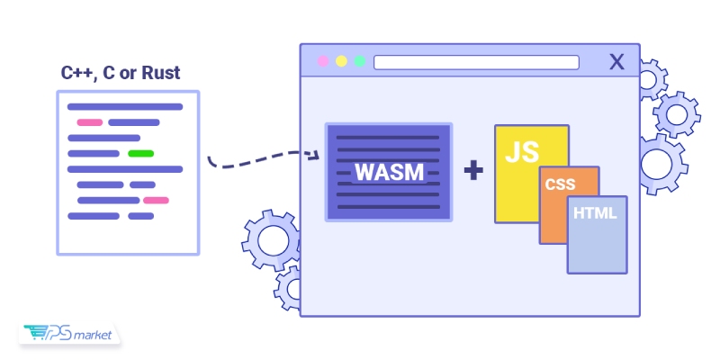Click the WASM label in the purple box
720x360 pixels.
(389, 172)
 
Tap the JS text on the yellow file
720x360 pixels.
(521, 150)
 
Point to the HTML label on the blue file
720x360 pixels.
(595, 216)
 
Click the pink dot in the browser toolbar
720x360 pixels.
(322, 62)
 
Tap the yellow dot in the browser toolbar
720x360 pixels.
(341, 62)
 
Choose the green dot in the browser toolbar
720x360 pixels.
(360, 62)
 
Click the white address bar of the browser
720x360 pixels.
(476, 62)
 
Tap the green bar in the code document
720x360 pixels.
(140, 153)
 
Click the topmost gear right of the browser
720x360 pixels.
(650, 79)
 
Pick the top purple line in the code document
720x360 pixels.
(125, 107)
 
